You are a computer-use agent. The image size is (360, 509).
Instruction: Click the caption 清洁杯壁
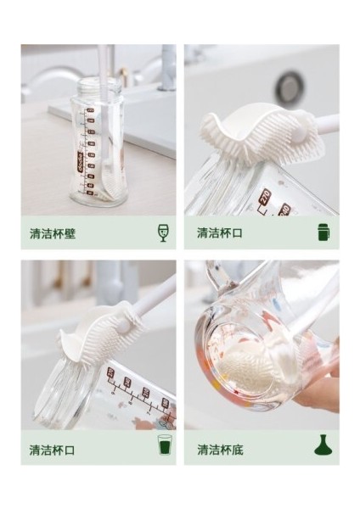pyautogui.click(x=53, y=233)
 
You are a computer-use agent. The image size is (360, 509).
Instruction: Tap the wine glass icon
pyautogui.click(x=162, y=232)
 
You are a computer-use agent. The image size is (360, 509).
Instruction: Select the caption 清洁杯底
pyautogui.click(x=220, y=450)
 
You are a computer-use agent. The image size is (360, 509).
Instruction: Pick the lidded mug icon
pyautogui.click(x=323, y=232)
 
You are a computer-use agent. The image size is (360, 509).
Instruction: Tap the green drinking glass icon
pyautogui.click(x=165, y=445)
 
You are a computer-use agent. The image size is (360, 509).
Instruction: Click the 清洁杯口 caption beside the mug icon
pyautogui.click(x=220, y=232)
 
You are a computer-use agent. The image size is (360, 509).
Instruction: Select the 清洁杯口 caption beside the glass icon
pyautogui.click(x=53, y=450)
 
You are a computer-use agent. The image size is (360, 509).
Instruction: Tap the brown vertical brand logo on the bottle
pyautogui.click(x=80, y=161)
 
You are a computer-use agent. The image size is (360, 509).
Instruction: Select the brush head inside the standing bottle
pyautogui.click(x=110, y=182)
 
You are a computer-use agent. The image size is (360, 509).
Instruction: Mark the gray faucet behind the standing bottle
pyautogui.click(x=167, y=66)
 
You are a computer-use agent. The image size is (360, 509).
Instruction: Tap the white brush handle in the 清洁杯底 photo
pyautogui.click(x=309, y=309)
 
